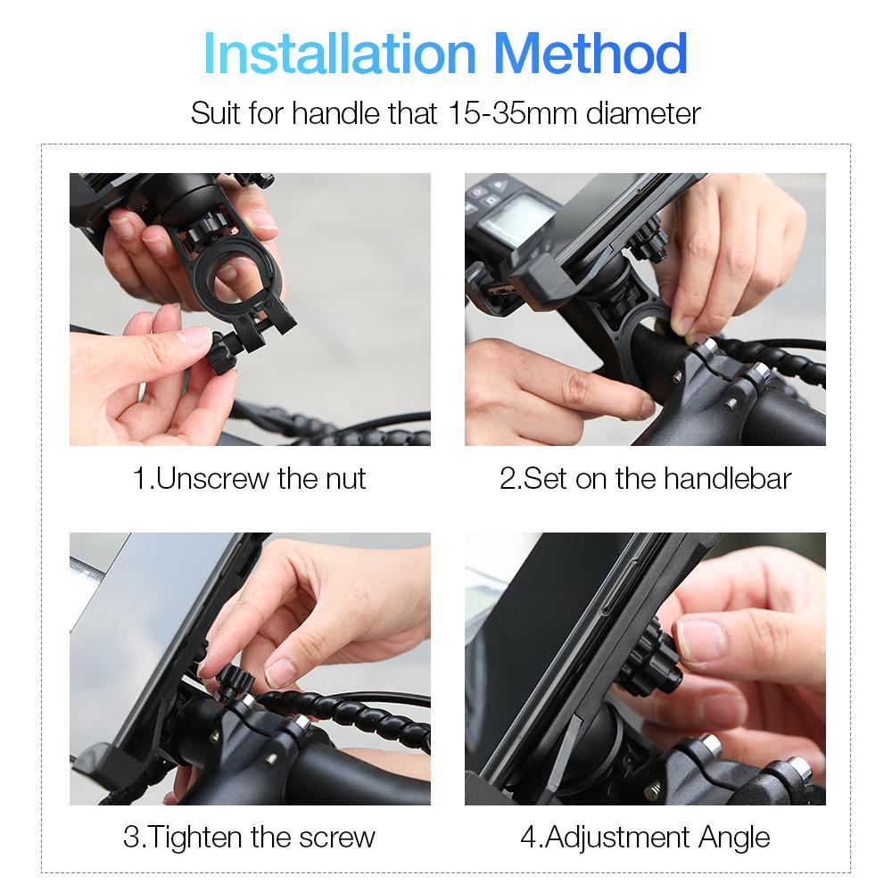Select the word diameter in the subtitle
642,113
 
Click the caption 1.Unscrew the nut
250,478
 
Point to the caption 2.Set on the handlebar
645,478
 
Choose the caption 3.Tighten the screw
250,837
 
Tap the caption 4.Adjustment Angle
645,837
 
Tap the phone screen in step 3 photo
143,624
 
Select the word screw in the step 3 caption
334,837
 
